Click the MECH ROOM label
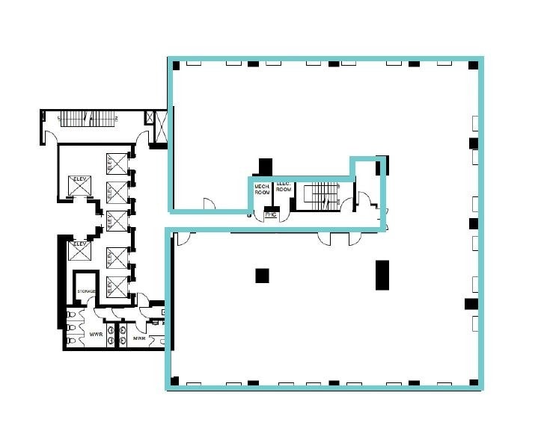click(261, 189)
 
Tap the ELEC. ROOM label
click(283, 187)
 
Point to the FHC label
click(271, 216)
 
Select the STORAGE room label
click(85, 291)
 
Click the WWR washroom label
click(96, 334)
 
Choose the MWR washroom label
click(138, 338)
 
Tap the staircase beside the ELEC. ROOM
click(323, 196)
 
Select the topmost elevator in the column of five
click(114, 162)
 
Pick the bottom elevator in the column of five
click(114, 285)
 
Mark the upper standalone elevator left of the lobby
click(78, 184)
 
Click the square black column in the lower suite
click(262, 275)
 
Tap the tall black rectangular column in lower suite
click(382, 274)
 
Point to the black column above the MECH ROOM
click(265, 166)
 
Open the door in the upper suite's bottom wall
click(208, 203)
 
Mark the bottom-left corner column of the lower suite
click(174, 381)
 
